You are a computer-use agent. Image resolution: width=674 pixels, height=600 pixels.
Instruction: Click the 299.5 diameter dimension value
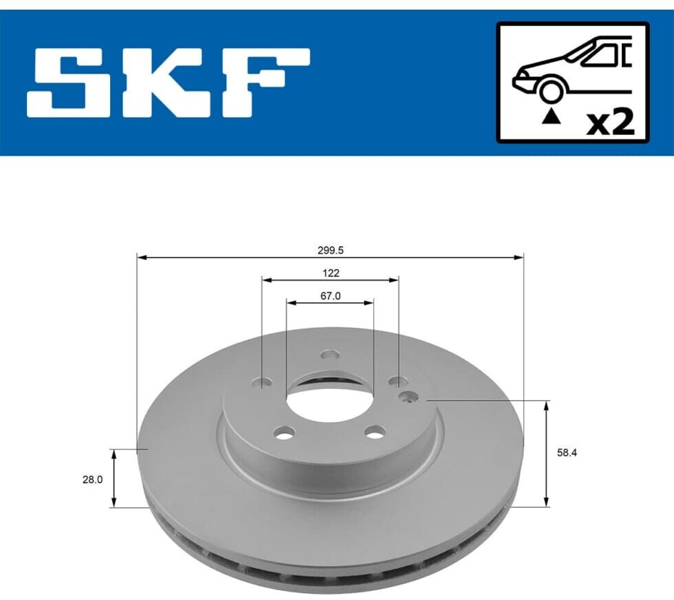(331, 250)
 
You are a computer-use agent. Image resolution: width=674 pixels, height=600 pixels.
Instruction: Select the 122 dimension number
(331, 273)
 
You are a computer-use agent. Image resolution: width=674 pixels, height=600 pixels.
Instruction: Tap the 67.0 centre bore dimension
(331, 296)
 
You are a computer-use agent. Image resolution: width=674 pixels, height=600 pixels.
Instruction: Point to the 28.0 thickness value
(92, 480)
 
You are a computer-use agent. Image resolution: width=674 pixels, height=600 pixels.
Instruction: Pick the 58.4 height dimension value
(567, 453)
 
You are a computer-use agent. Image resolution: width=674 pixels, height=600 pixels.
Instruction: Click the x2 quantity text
(611, 123)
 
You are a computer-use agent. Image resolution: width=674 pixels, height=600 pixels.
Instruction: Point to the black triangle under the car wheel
(551, 116)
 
